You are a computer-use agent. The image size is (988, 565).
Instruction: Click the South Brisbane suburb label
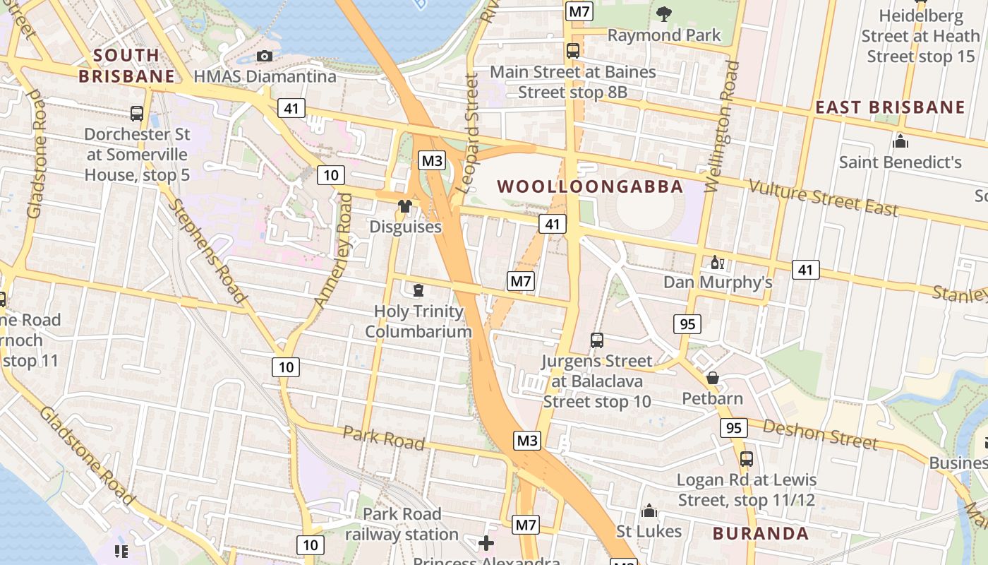(x=126, y=65)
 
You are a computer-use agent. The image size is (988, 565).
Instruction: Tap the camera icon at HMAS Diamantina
(x=265, y=56)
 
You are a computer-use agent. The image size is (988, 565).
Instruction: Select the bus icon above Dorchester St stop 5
(x=137, y=113)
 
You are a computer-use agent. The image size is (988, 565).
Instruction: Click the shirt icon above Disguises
(x=405, y=206)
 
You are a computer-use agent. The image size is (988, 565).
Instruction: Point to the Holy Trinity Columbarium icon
(x=418, y=290)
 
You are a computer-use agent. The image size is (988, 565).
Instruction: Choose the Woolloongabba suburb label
(x=590, y=186)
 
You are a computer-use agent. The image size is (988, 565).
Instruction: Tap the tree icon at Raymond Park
(x=663, y=13)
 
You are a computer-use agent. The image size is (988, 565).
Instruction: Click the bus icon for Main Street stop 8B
(x=573, y=51)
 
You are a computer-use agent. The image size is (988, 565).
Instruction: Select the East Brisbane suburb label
(x=890, y=107)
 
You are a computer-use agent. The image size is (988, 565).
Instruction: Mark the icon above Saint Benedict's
(x=900, y=141)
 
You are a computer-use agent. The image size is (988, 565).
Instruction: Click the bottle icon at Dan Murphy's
(x=717, y=262)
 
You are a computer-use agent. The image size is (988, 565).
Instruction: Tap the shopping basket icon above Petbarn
(x=713, y=378)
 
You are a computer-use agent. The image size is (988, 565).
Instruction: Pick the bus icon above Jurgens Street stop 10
(x=597, y=340)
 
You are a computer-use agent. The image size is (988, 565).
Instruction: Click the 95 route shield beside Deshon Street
(x=734, y=428)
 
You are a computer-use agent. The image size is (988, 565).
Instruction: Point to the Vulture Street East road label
(x=823, y=198)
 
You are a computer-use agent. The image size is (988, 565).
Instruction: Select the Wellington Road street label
(x=721, y=127)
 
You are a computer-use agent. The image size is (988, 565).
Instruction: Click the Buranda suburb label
(x=760, y=533)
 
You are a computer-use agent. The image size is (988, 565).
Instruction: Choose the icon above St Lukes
(x=649, y=511)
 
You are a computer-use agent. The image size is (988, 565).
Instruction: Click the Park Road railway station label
(x=402, y=524)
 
